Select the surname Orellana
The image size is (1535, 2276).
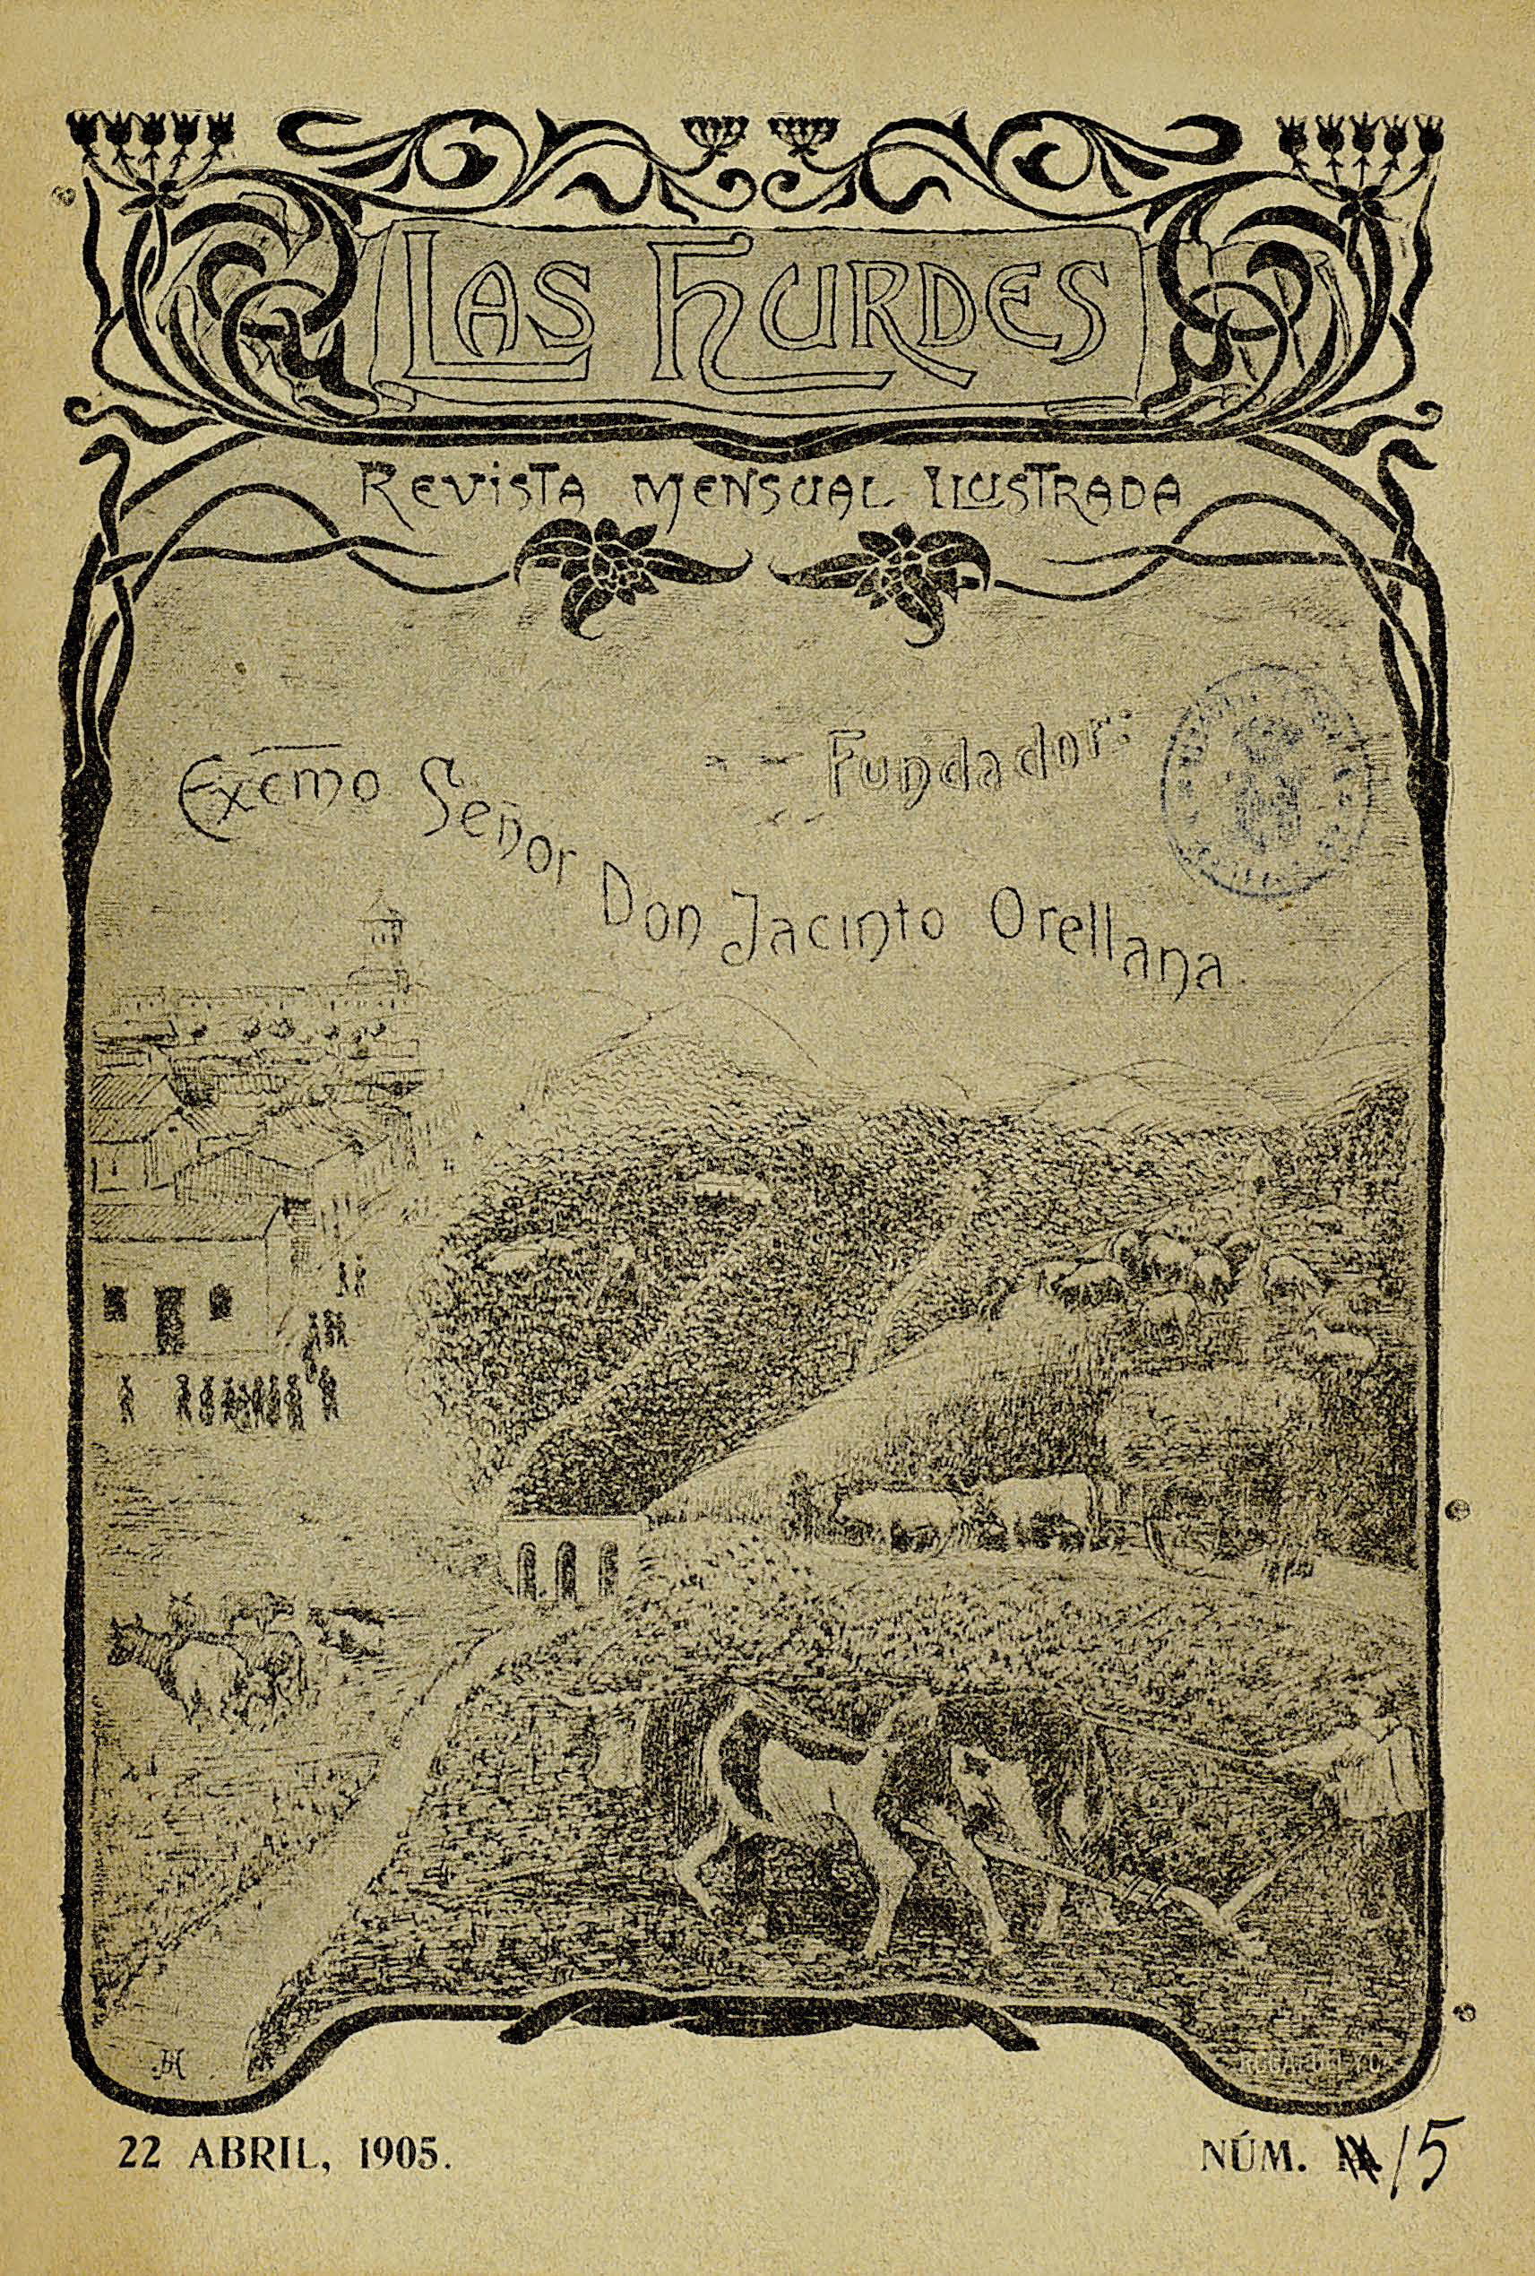[1106, 940]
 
